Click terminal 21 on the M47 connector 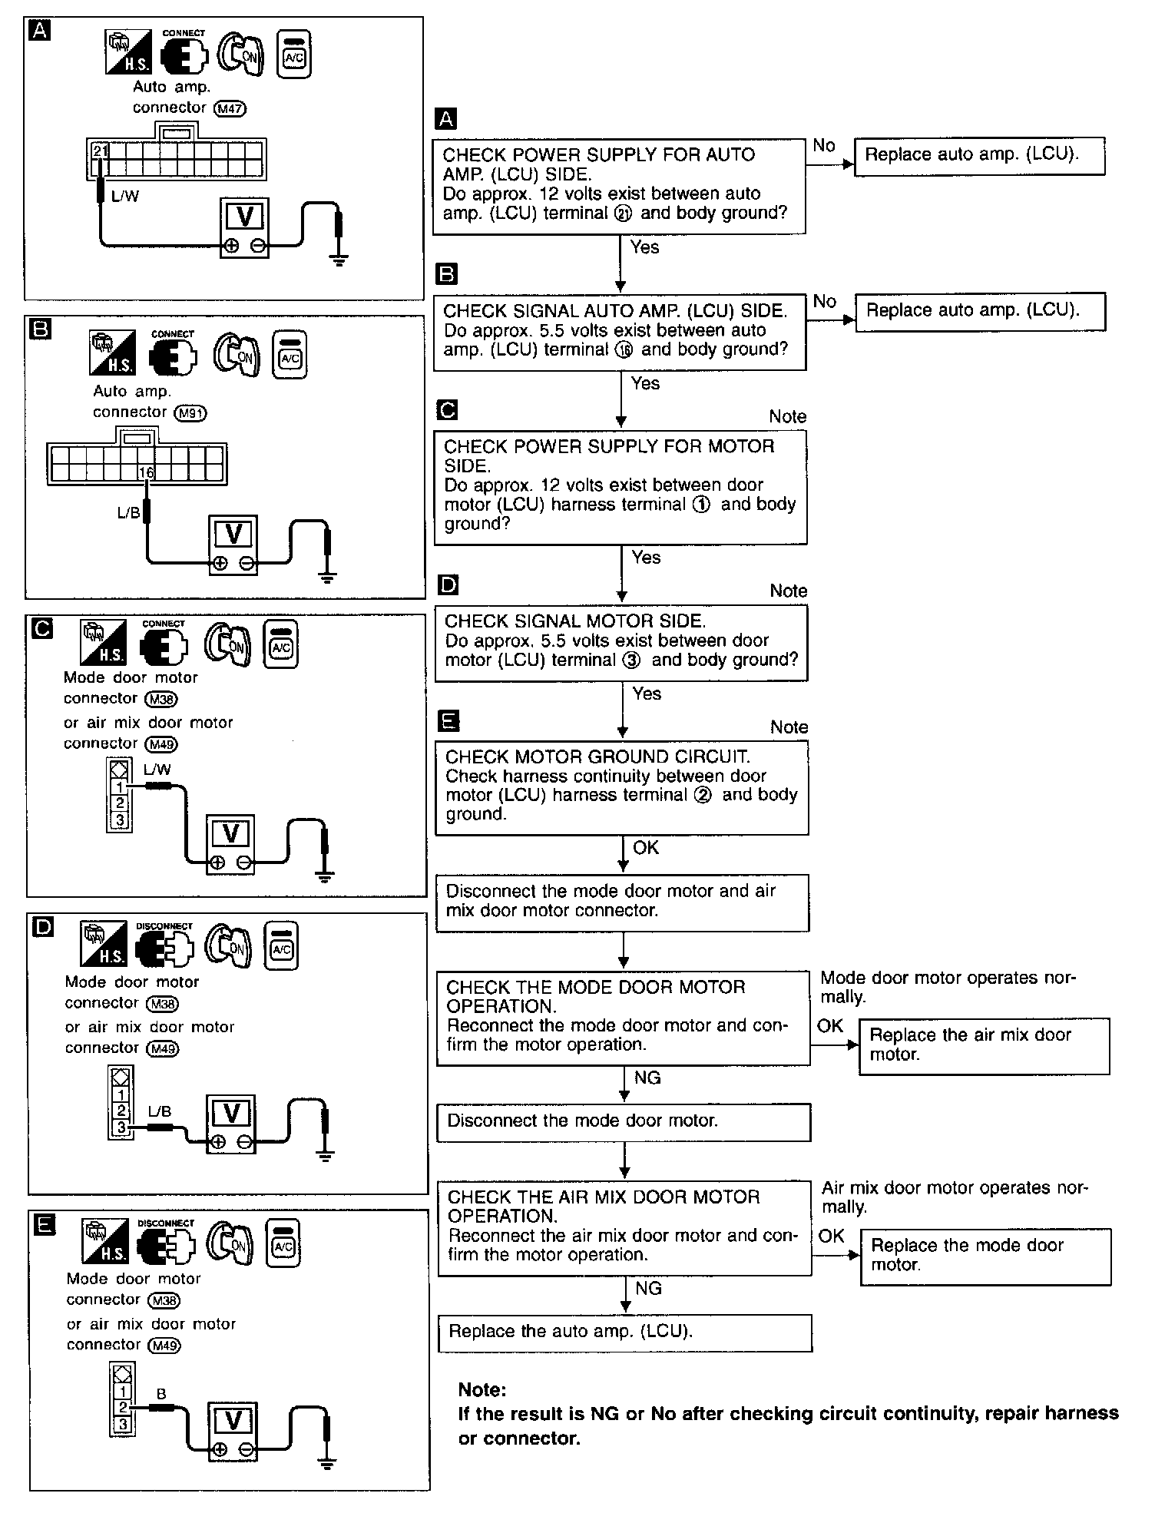100,151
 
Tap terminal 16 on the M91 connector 147,473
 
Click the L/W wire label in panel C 157,770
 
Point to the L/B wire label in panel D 159,1111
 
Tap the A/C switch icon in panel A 294,55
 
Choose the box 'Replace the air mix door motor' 984,1045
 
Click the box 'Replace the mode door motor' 985,1255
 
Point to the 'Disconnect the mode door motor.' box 623,1122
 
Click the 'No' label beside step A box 823,145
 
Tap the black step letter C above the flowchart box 446,410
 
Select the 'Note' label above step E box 789,727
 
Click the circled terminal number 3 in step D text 630,660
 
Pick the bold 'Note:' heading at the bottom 482,1389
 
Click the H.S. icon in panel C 103,643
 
